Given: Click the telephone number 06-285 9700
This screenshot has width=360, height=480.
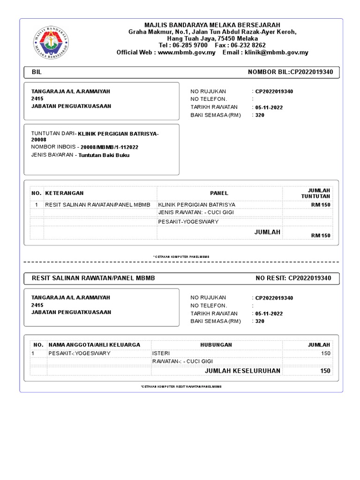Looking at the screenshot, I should click(x=189, y=45).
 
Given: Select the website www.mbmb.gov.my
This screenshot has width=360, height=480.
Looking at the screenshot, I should click(x=187, y=52).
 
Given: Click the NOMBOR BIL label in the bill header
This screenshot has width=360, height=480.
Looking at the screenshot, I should click(x=268, y=72).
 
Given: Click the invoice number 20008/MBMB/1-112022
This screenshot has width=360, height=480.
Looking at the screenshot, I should click(x=109, y=147).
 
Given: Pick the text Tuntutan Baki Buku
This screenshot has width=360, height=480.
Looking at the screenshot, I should click(x=104, y=155).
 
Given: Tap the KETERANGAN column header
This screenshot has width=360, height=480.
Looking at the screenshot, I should click(x=64, y=193).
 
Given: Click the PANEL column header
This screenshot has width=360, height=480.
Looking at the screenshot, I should click(x=219, y=193).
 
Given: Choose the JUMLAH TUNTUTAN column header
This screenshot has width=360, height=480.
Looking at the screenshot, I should click(x=318, y=193).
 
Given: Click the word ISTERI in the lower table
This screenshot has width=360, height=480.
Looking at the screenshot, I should click(x=161, y=353).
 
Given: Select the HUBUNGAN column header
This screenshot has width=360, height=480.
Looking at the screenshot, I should click(x=216, y=345).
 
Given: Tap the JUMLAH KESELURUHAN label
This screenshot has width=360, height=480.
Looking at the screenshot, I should click(x=242, y=371).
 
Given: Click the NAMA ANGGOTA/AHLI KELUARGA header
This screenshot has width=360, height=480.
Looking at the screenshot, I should click(x=94, y=345).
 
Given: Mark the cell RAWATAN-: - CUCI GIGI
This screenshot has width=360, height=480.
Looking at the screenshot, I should click(x=182, y=361).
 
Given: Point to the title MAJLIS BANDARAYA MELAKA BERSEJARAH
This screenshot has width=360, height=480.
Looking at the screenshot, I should click(x=212, y=25).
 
